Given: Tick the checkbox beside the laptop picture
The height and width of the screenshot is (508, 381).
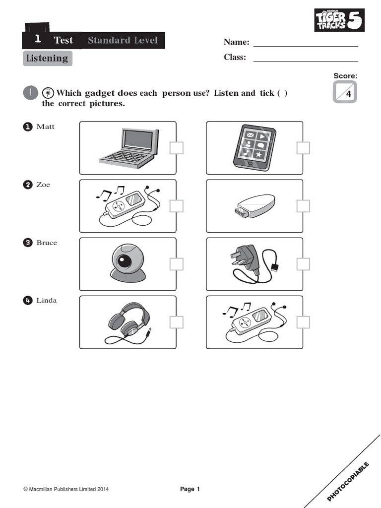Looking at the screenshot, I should [x=177, y=148].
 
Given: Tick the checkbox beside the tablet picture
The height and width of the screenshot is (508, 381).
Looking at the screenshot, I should [x=303, y=148].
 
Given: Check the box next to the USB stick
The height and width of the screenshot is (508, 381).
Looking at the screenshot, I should [x=303, y=206].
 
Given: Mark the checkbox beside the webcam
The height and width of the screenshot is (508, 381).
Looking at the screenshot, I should [x=177, y=264].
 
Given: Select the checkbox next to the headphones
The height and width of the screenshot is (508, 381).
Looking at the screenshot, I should [x=177, y=322].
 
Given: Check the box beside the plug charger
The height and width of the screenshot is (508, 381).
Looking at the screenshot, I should [x=303, y=264].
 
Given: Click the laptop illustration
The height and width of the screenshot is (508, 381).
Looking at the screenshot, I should [x=128, y=147].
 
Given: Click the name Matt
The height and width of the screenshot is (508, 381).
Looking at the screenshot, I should [x=46, y=127].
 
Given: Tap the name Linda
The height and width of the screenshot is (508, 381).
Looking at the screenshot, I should [x=47, y=300].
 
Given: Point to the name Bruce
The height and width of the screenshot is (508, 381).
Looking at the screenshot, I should [x=47, y=243].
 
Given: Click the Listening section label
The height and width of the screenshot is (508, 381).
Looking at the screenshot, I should [x=47, y=59].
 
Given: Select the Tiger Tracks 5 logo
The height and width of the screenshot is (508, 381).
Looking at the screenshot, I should [x=339, y=20].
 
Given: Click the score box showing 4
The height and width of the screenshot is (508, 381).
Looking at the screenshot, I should [x=345, y=92].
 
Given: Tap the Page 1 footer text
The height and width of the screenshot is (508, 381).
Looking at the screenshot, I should [x=190, y=489].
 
